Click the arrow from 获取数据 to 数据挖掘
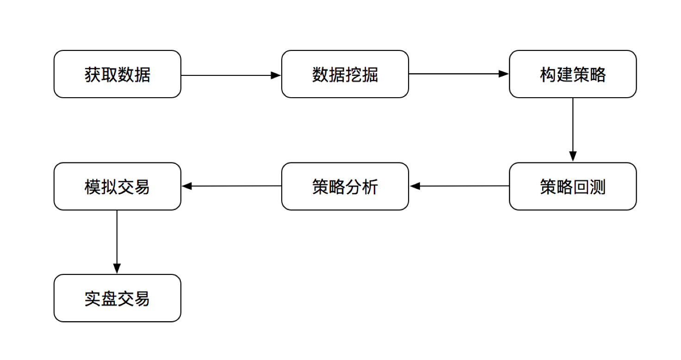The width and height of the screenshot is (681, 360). coord(227,75)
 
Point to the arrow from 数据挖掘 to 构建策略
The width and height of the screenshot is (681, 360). coord(456,74)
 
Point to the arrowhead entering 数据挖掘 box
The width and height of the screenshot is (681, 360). coord(277,75)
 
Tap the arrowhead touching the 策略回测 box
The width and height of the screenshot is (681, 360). coord(573,157)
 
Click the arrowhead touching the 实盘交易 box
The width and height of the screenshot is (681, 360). coord(117,269)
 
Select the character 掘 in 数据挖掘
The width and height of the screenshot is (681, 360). coord(370,74)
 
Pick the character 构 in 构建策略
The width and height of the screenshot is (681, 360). coord(548,74)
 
